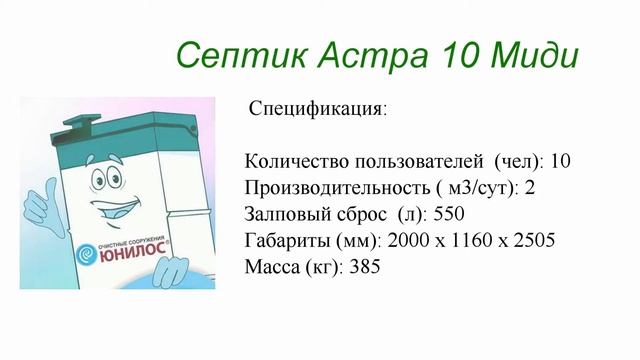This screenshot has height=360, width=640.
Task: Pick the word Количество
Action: (x=291, y=161)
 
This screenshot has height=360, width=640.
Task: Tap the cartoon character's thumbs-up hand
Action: (x=34, y=206)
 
